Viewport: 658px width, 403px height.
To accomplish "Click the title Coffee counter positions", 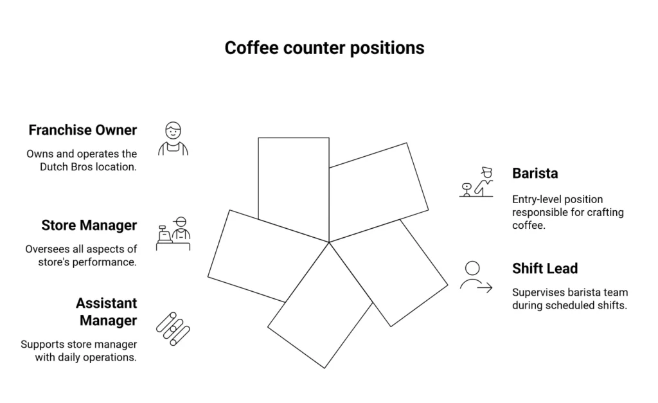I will point(324,48).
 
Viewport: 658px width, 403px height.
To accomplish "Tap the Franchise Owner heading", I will point(82,130).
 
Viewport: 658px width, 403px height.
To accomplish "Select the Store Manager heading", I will point(89,226).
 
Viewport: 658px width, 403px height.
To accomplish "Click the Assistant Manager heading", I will point(106,311).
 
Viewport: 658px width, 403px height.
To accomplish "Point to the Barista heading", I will point(535,174).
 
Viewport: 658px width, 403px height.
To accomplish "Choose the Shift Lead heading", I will point(545,269).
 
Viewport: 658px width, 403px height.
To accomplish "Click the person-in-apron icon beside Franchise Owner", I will point(173,139).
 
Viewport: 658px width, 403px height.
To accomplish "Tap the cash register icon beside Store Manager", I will point(173,234).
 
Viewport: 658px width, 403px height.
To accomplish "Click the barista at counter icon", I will point(477,183).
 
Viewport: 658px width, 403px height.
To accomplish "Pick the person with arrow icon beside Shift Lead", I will point(476,277).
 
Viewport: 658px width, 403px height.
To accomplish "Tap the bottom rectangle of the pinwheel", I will point(320,315).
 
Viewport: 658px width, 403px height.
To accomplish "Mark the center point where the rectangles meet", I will point(329,242).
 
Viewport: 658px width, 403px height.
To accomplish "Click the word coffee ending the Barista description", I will point(527,225).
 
